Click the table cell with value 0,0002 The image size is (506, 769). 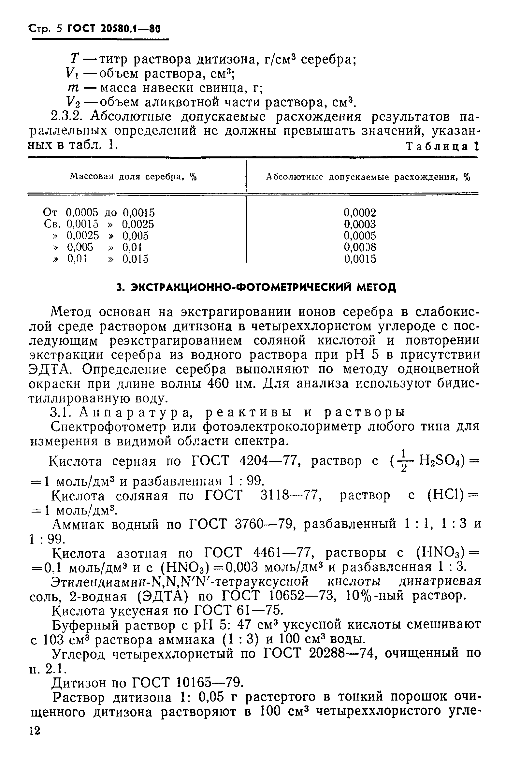tap(360, 213)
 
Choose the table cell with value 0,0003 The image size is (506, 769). tap(360, 224)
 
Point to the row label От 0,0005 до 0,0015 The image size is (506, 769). tap(99, 213)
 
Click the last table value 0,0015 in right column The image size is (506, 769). tap(360, 259)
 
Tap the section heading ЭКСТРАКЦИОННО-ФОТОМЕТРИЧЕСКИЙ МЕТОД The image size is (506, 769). tap(256, 287)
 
